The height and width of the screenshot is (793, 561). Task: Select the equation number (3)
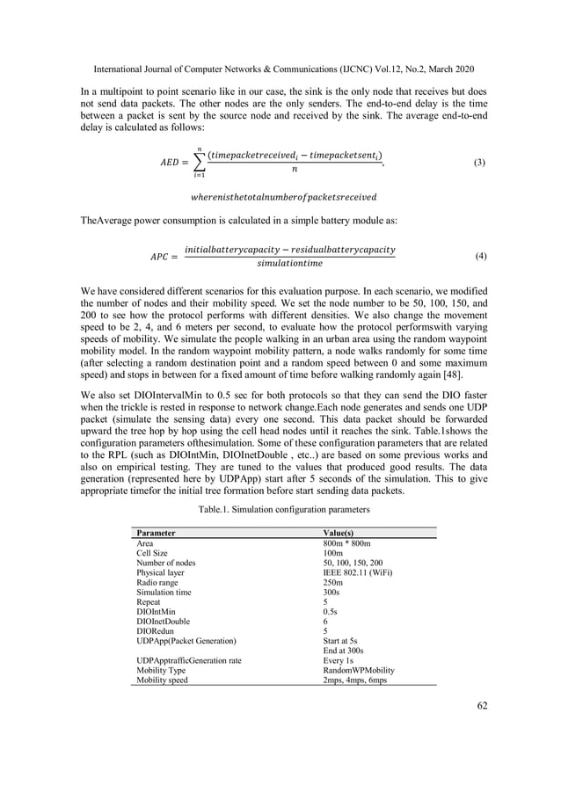tap(480, 163)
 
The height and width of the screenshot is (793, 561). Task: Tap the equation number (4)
tap(480, 256)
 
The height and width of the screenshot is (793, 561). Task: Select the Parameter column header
tap(156, 533)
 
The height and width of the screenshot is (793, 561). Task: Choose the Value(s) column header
tap(344, 533)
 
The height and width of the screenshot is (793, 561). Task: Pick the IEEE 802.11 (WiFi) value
tap(358, 572)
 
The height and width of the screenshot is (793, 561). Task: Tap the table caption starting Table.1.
tap(280, 510)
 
